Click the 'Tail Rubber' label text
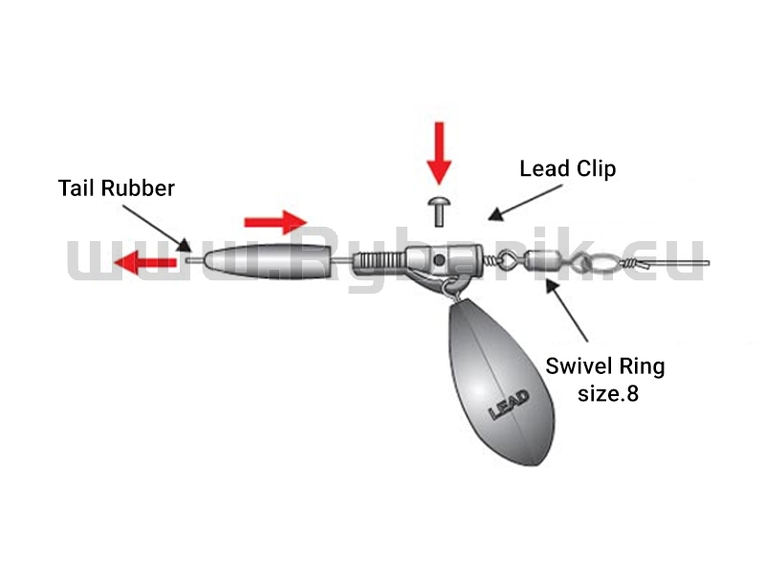click(x=116, y=188)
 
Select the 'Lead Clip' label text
click(x=567, y=169)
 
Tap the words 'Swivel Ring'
click(x=605, y=366)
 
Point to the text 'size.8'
click(x=608, y=393)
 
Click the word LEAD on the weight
click(x=509, y=405)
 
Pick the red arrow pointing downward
click(x=439, y=153)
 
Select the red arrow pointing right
click(x=275, y=223)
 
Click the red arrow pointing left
click(x=145, y=263)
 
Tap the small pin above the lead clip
click(x=439, y=210)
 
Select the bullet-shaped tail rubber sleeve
click(x=268, y=261)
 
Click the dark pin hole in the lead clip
click(x=439, y=260)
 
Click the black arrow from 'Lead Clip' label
click(x=525, y=203)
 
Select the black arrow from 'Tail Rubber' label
click(x=156, y=229)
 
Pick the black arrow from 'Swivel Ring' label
click(x=567, y=309)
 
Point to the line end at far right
click(x=708, y=263)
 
